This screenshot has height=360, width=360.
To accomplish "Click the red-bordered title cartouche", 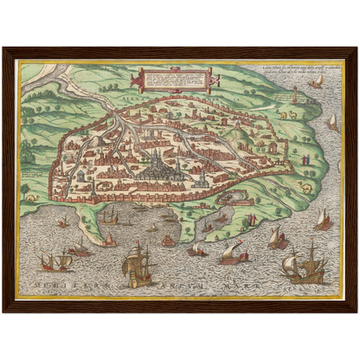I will pos(170,82).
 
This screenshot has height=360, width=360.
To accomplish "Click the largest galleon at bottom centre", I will pos(139,263).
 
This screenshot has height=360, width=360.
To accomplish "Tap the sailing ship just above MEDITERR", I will pos(56,258).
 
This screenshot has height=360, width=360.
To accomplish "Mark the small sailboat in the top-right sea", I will pos(317,81).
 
